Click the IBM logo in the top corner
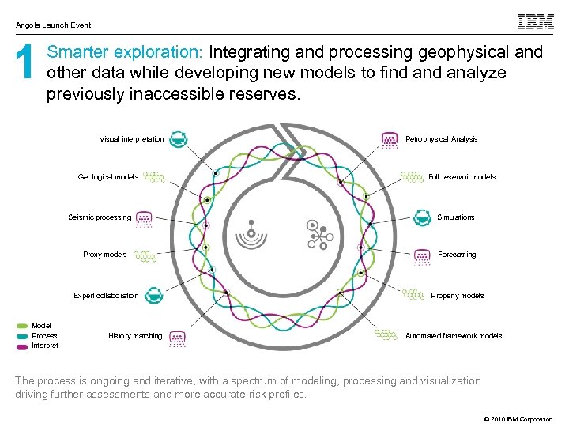(535, 22)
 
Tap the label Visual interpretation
(132, 139)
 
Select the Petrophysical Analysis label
(441, 139)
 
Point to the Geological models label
(108, 177)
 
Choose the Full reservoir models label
(462, 177)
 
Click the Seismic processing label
(100, 217)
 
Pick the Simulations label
(456, 217)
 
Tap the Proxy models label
(105, 255)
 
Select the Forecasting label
(457, 255)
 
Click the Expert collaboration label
(106, 296)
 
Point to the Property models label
(458, 296)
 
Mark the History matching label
(135, 336)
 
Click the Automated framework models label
(454, 336)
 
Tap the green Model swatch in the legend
(22, 326)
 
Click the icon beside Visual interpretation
(179, 139)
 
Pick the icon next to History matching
(178, 338)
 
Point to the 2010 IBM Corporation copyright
(514, 419)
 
